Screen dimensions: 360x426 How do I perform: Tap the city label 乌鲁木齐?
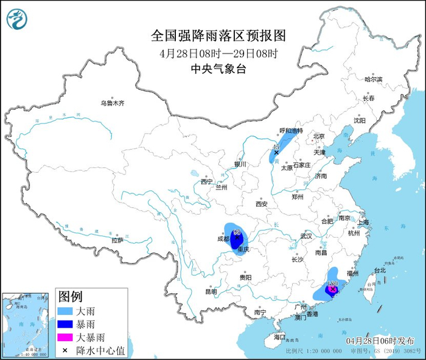113,103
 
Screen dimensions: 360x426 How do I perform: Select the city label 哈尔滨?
373,80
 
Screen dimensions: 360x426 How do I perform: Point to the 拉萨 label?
117,240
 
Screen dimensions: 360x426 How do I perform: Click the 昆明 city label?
211,291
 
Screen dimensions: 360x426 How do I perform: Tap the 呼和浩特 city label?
291,131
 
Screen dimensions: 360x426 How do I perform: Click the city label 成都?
222,239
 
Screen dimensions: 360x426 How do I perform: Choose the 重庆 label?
243,250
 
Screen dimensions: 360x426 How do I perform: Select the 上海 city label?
365,222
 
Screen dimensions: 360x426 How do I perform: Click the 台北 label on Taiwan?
380,269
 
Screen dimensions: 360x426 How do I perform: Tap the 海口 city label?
279,336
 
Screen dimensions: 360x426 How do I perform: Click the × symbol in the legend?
65,349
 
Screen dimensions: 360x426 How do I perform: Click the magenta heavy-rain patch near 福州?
332,291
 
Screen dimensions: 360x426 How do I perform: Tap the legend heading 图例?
70,297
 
